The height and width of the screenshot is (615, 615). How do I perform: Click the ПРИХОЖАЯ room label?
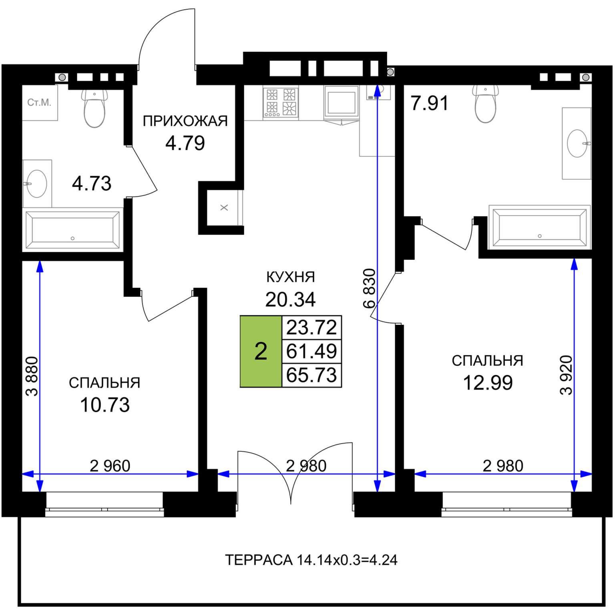[185, 121]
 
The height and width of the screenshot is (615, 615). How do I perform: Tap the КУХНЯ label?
[291, 277]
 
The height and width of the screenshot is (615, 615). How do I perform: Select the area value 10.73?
[105, 405]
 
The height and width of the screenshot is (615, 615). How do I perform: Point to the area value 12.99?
[488, 382]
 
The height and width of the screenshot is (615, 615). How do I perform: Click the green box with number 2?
[261, 351]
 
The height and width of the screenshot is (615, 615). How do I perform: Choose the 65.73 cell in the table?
[312, 375]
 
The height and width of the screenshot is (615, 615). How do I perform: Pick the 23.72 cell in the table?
[312, 327]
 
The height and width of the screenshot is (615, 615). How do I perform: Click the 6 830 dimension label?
[370, 288]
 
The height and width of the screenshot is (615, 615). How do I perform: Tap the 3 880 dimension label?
[32, 376]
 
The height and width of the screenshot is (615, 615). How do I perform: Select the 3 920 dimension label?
[567, 375]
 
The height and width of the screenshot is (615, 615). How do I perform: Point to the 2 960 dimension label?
[110, 466]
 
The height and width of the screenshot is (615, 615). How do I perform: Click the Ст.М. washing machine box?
[40, 102]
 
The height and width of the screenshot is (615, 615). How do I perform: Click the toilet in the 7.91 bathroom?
[485, 104]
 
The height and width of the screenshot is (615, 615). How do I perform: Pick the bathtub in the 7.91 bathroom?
[539, 227]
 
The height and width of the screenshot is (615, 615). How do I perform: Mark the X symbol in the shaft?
[224, 207]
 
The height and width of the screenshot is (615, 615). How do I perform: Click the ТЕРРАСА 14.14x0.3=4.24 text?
[311, 560]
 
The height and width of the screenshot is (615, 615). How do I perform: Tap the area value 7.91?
[430, 103]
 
